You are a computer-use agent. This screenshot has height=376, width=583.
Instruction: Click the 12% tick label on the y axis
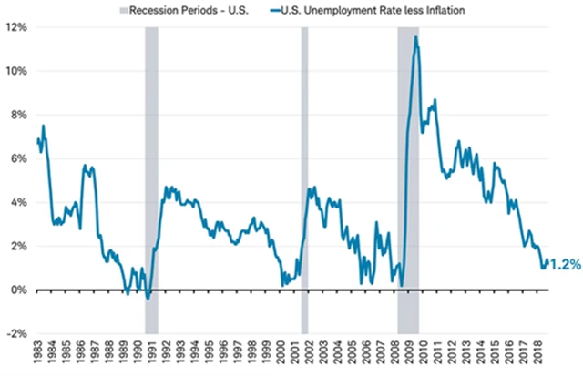coord(15,27)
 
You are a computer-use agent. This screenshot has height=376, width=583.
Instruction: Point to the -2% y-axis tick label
coord(15,333)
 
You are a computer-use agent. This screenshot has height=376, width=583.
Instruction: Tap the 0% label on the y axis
coord(17,290)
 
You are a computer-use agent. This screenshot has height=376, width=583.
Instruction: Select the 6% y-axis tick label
coord(17,158)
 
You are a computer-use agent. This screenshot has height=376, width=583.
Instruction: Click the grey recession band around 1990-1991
coord(151,182)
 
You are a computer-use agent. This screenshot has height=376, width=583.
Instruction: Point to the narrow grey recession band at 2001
coord(304,182)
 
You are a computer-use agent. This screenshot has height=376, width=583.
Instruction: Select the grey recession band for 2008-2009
coord(408,182)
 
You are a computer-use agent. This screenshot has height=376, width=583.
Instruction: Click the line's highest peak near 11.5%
coord(415,37)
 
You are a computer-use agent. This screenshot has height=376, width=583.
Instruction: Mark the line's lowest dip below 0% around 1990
coord(148,298)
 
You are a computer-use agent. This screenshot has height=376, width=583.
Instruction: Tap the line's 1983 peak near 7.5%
coord(43,126)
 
